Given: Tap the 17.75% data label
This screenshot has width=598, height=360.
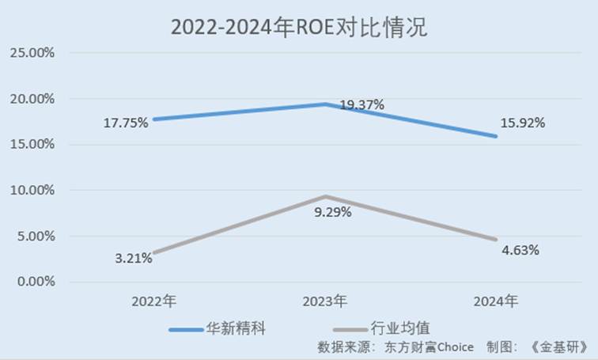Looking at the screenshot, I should pos(126,123).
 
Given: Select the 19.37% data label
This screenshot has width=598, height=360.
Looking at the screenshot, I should pos(361,104).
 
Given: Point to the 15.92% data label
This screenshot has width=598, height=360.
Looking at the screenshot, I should pos(522,123).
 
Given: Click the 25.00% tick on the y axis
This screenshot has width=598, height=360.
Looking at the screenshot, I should pos(32,53).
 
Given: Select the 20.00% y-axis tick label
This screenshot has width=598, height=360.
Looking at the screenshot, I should pos(32,99).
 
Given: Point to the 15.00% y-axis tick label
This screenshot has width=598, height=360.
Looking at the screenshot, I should pos(32,145).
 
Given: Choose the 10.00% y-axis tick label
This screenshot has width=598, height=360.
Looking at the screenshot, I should pos(32,191).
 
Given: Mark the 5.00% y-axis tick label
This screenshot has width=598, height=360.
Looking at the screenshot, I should pos(35,237).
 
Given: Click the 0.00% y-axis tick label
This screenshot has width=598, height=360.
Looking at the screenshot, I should pos(35,282).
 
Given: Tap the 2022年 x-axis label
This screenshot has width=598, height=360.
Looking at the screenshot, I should pos(154,301).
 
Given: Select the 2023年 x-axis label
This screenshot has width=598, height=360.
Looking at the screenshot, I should pos(325,301).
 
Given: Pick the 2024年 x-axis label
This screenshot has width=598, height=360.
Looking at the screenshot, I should pos(496,301).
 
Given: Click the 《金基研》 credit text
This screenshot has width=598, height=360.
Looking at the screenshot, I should pos(560,347).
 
